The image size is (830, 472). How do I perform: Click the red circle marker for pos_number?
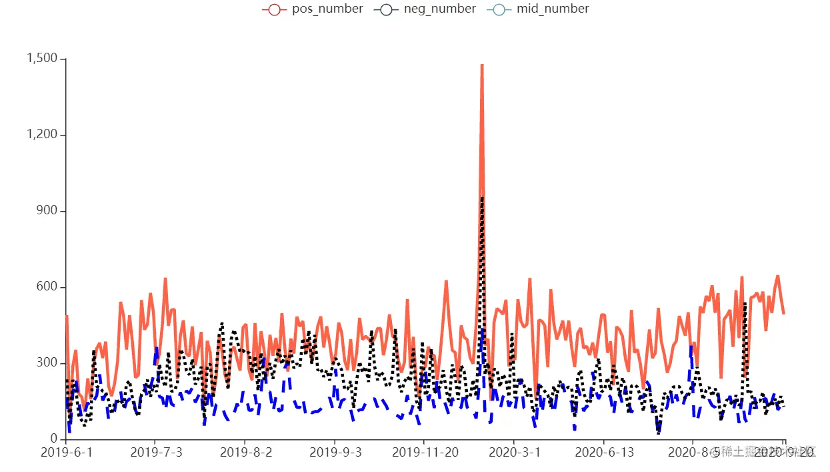pyautogui.click(x=275, y=9)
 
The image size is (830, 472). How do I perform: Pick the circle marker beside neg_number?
pyautogui.click(x=387, y=9)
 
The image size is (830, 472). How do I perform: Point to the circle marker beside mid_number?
pyautogui.click(x=499, y=9)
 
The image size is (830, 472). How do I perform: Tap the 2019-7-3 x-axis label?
pyautogui.click(x=155, y=453)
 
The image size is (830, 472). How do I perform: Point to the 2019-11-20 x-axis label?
pyautogui.click(x=424, y=453)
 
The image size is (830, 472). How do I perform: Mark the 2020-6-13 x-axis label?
pyautogui.click(x=603, y=453)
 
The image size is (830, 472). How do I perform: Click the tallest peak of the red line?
pyautogui.click(x=482, y=65)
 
